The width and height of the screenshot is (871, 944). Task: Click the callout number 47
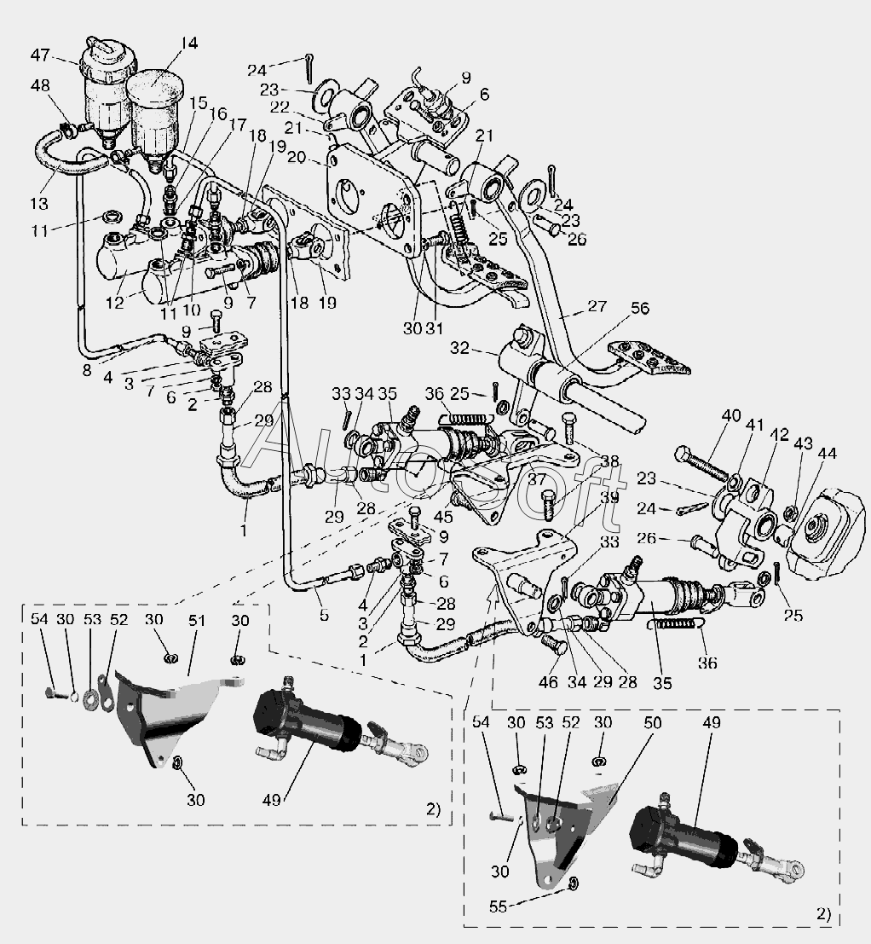click(40, 55)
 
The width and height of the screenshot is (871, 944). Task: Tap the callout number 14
click(189, 43)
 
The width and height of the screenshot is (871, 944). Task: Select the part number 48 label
click(40, 85)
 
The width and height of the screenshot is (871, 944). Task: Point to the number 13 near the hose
click(39, 204)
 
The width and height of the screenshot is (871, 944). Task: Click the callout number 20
click(297, 158)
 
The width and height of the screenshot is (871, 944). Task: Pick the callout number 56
click(639, 308)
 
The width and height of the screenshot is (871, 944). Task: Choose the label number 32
click(459, 348)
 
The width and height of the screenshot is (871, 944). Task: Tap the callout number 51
click(197, 620)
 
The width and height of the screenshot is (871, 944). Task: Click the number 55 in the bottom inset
click(498, 906)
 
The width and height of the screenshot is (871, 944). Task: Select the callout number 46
click(549, 682)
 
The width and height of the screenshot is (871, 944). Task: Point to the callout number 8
click(87, 370)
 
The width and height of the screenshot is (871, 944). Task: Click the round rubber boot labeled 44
click(822, 534)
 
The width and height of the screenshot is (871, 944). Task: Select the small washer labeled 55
click(572, 883)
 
